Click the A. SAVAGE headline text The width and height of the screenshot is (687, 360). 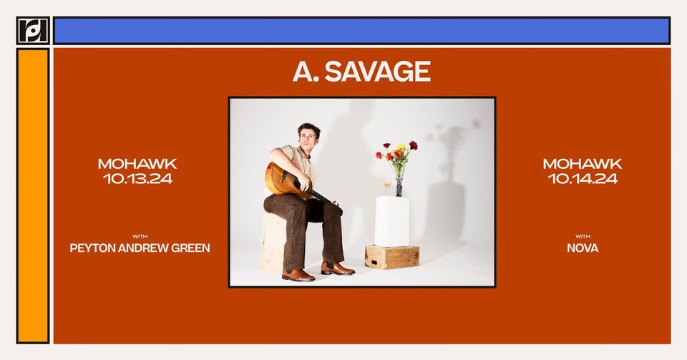tap(362, 72)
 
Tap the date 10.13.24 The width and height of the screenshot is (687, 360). tap(137, 178)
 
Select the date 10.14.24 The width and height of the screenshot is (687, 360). tap(583, 178)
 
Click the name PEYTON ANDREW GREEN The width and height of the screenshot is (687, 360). tap(140, 248)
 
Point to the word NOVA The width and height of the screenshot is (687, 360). tap(583, 248)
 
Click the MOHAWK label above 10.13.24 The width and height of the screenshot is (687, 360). tap(137, 164)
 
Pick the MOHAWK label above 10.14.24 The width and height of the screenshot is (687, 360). tap(583, 164)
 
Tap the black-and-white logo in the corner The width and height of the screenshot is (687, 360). tap(33, 30)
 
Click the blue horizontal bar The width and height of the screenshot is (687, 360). tap(362, 31)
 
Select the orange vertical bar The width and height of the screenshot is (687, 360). tap(33, 196)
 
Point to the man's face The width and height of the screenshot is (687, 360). tap(308, 137)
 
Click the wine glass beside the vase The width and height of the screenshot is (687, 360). tap(388, 188)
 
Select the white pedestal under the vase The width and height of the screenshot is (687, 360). tap(391, 221)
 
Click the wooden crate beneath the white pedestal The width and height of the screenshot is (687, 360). tap(392, 257)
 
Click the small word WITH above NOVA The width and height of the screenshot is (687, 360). tap(583, 236)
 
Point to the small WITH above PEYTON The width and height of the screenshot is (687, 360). tap(140, 236)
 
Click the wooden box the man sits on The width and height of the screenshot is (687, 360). tap(273, 242)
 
